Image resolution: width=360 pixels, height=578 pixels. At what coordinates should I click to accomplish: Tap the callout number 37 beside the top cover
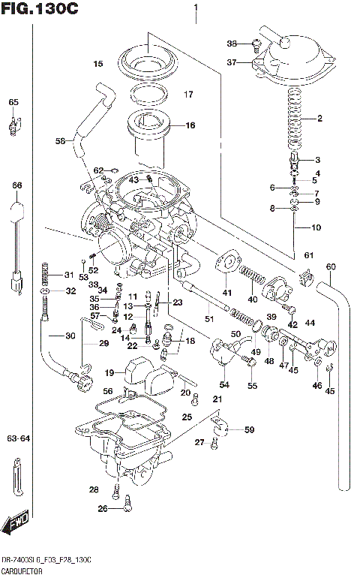point(232,63)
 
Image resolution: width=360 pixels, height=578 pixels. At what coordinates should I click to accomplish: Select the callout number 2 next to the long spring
point(319,119)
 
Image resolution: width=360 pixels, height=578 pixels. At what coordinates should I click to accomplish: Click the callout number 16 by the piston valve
point(190,125)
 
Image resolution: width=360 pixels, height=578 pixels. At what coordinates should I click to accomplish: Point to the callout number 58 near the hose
point(60,141)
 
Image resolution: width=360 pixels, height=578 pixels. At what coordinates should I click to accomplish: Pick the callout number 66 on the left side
point(16,185)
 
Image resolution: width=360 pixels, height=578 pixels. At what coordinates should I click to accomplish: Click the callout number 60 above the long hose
point(331,266)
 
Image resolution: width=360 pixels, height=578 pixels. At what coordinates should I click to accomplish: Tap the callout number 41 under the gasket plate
point(226,292)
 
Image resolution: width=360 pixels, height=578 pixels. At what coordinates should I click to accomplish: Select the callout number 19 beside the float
point(109,372)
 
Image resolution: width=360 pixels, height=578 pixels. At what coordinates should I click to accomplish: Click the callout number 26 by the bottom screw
point(103,509)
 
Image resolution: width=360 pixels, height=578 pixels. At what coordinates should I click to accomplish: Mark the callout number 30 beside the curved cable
point(70,336)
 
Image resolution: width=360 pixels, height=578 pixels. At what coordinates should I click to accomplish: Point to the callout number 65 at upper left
point(13,102)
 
